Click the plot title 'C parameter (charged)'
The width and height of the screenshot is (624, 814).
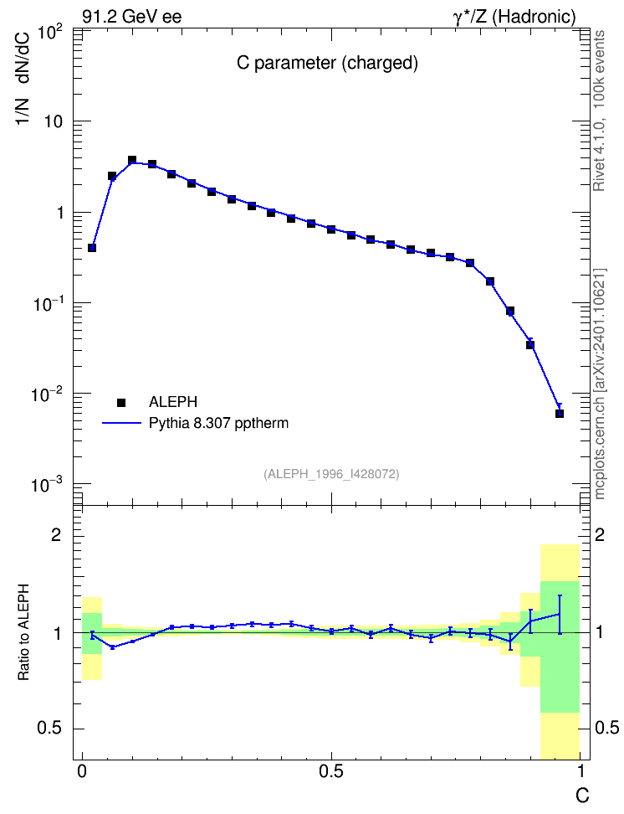click(327, 63)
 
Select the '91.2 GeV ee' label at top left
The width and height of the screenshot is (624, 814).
click(132, 17)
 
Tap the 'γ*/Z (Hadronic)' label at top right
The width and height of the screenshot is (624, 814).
click(514, 17)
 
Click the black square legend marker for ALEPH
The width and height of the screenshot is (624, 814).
click(121, 402)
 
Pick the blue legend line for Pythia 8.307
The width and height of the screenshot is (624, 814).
click(121, 424)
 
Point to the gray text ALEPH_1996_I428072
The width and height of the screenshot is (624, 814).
click(331, 474)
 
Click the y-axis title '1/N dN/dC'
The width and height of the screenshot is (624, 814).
click(24, 77)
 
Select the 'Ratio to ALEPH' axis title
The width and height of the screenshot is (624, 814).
click(23, 632)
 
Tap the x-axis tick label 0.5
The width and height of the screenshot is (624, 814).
click(331, 772)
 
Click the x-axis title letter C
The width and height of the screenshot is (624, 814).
click(582, 796)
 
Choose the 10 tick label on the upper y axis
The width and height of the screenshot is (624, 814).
click(53, 122)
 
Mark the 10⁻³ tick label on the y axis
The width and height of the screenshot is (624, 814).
click(46, 484)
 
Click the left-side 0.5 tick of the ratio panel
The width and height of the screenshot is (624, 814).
click(50, 729)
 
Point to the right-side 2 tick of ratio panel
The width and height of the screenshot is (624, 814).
click(600, 535)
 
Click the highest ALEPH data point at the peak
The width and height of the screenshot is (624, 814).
click(132, 160)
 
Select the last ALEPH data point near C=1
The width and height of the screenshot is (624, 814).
click(559, 413)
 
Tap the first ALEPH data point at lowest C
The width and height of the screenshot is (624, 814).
click(92, 248)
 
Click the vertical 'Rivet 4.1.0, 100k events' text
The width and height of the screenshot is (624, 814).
click(599, 111)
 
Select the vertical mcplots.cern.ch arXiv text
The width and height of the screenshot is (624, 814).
click(599, 384)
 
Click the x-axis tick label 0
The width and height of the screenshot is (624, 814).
click(82, 772)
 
